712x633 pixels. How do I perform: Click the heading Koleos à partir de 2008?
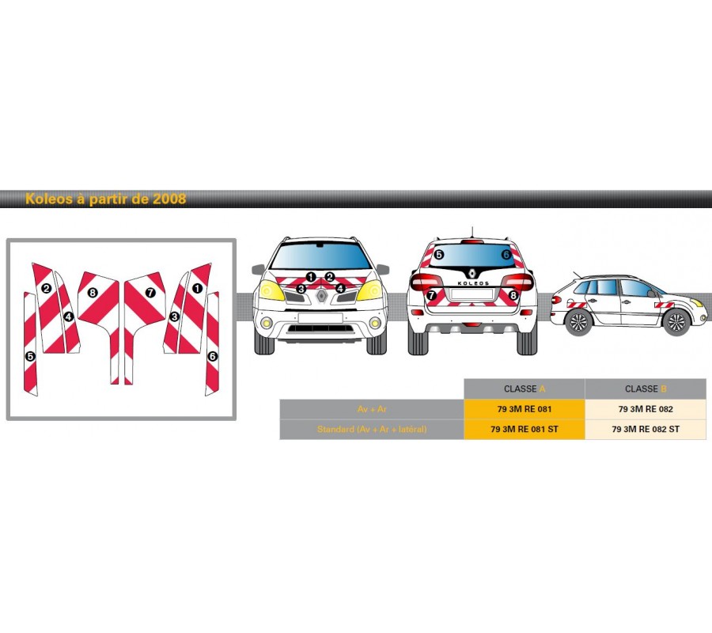pyautogui.click(x=105, y=199)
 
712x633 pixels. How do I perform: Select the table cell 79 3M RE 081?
pyautogui.click(x=524, y=409)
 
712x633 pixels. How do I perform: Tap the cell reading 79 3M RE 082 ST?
pyautogui.click(x=645, y=430)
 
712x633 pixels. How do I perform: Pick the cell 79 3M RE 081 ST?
pyautogui.click(x=524, y=430)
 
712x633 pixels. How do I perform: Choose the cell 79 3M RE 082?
pyautogui.click(x=645, y=409)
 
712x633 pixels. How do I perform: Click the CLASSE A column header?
pyautogui.click(x=524, y=389)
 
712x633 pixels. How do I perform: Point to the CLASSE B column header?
pyautogui.click(x=645, y=389)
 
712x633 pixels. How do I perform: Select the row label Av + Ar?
pyautogui.click(x=371, y=409)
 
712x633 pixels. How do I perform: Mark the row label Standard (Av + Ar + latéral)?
pyautogui.click(x=371, y=430)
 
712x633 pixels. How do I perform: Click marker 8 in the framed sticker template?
pyautogui.click(x=93, y=293)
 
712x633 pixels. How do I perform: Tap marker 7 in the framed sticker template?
pyautogui.click(x=150, y=293)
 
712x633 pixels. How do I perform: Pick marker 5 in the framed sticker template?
pyautogui.click(x=30, y=356)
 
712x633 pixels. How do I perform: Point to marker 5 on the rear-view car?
pyautogui.click(x=439, y=254)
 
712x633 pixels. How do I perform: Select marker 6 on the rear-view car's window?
pyautogui.click(x=506, y=254)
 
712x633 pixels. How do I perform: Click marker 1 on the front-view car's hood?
pyautogui.click(x=311, y=277)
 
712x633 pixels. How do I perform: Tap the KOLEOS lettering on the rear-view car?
pyautogui.click(x=472, y=282)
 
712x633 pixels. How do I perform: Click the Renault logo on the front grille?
pyautogui.click(x=321, y=296)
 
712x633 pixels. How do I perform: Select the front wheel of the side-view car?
pyautogui.click(x=675, y=321)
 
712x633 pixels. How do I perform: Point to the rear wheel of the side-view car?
pyautogui.click(x=578, y=321)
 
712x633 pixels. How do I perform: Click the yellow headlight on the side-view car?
pyautogui.click(x=698, y=302)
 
